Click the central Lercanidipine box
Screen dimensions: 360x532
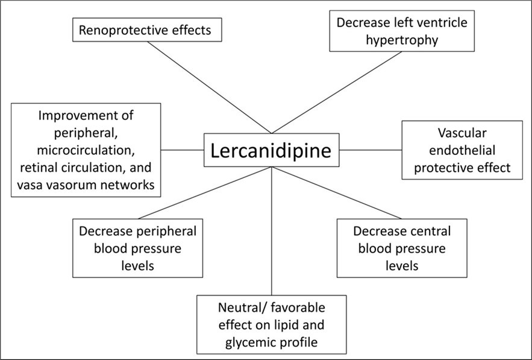[271, 150]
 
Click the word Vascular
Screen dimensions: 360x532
[462, 133]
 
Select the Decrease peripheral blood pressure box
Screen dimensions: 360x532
[138, 247]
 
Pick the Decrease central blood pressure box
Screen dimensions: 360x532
[401, 247]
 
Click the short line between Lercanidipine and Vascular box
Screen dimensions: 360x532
[371, 150]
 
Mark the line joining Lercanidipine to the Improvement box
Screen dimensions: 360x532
[182, 150]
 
